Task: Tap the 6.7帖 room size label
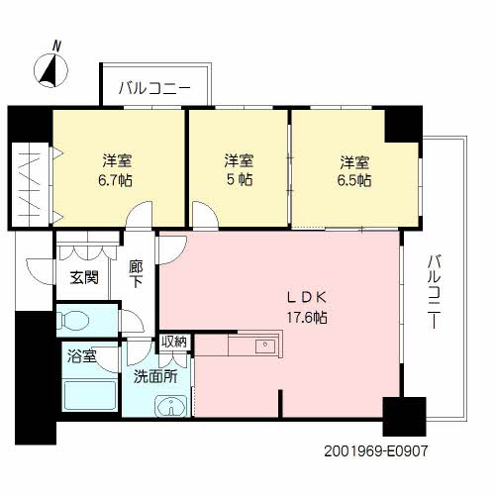pyautogui.click(x=116, y=180)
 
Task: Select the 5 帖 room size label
pyautogui.click(x=240, y=180)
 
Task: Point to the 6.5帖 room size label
pyautogui.click(x=354, y=180)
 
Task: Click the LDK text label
pyautogui.click(x=307, y=298)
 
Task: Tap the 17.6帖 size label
pyautogui.click(x=307, y=318)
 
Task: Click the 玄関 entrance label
pyautogui.click(x=84, y=277)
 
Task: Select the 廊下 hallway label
pyautogui.click(x=136, y=273)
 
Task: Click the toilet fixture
pyautogui.click(x=73, y=320)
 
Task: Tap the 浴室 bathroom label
pyautogui.click(x=81, y=356)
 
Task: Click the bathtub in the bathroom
pyautogui.click(x=90, y=396)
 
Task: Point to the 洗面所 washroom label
pyautogui.click(x=155, y=376)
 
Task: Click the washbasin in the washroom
pyautogui.click(x=171, y=405)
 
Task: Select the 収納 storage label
pyautogui.click(x=174, y=342)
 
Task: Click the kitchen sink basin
pyautogui.click(x=265, y=346)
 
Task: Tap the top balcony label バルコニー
pyautogui.click(x=154, y=88)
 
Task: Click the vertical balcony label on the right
pyautogui.click(x=434, y=291)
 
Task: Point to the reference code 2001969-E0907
pyautogui.click(x=375, y=451)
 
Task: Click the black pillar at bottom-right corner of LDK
pyautogui.click(x=404, y=417)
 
